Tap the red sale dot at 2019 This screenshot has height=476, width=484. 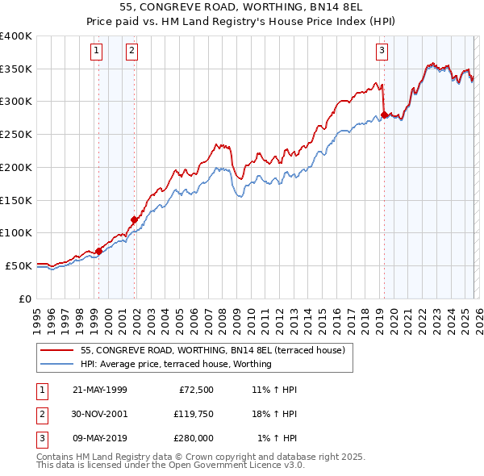(384, 115)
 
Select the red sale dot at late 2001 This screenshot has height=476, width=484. (134, 219)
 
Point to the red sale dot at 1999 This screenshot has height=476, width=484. (98, 251)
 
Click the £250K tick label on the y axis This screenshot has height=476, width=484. (16, 135)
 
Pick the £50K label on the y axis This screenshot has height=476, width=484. (19, 265)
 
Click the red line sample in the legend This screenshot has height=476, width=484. (57, 350)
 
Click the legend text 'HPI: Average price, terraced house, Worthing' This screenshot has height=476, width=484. (176, 364)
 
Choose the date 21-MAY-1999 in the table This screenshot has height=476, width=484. (99, 390)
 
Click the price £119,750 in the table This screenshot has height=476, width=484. (193, 414)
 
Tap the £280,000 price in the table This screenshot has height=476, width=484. (193, 438)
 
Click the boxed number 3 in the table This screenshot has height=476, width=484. (40, 438)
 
